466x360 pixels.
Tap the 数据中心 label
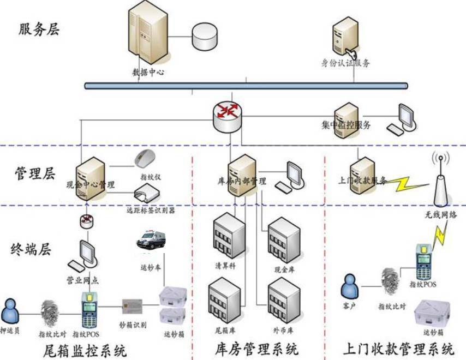click(148, 71)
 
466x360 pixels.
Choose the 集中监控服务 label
click(346, 125)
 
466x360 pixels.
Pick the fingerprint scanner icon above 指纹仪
click(145, 158)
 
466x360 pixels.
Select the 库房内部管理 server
click(241, 173)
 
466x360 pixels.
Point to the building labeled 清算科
click(228, 236)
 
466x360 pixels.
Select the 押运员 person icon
click(10, 311)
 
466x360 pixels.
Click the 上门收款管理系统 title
click(397, 347)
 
